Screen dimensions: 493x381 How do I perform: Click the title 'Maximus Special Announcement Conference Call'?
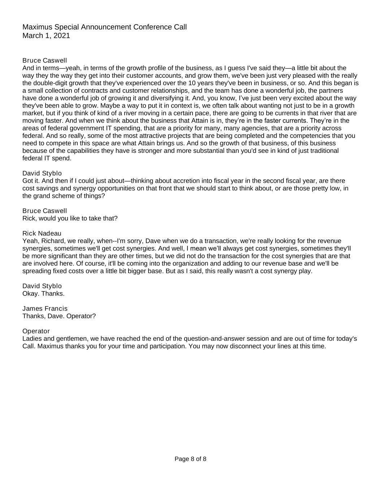click(x=104, y=27)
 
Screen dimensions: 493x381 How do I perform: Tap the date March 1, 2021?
click(x=46, y=36)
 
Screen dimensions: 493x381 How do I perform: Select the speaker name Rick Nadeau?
click(x=42, y=233)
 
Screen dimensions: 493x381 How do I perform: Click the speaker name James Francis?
click(x=45, y=308)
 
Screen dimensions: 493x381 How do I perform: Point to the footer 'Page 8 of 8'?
click(x=190, y=459)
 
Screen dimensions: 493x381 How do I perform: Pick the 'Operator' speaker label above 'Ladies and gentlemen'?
click(x=36, y=331)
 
